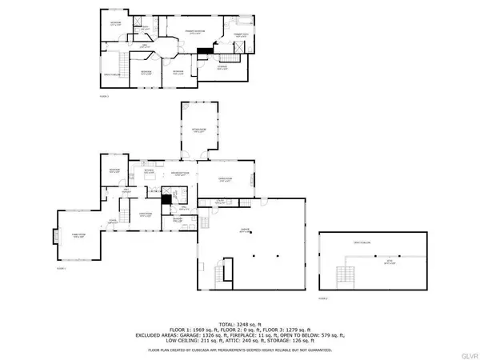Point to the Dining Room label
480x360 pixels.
(226, 180)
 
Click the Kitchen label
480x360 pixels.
(149, 172)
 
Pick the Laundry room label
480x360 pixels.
(178, 218)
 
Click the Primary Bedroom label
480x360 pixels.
(195, 31)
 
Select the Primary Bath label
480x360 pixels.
(241, 36)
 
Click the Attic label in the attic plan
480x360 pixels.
(390, 260)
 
